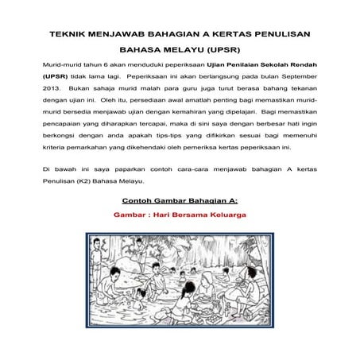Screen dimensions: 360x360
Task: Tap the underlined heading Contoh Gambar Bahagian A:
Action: [x=180, y=199]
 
